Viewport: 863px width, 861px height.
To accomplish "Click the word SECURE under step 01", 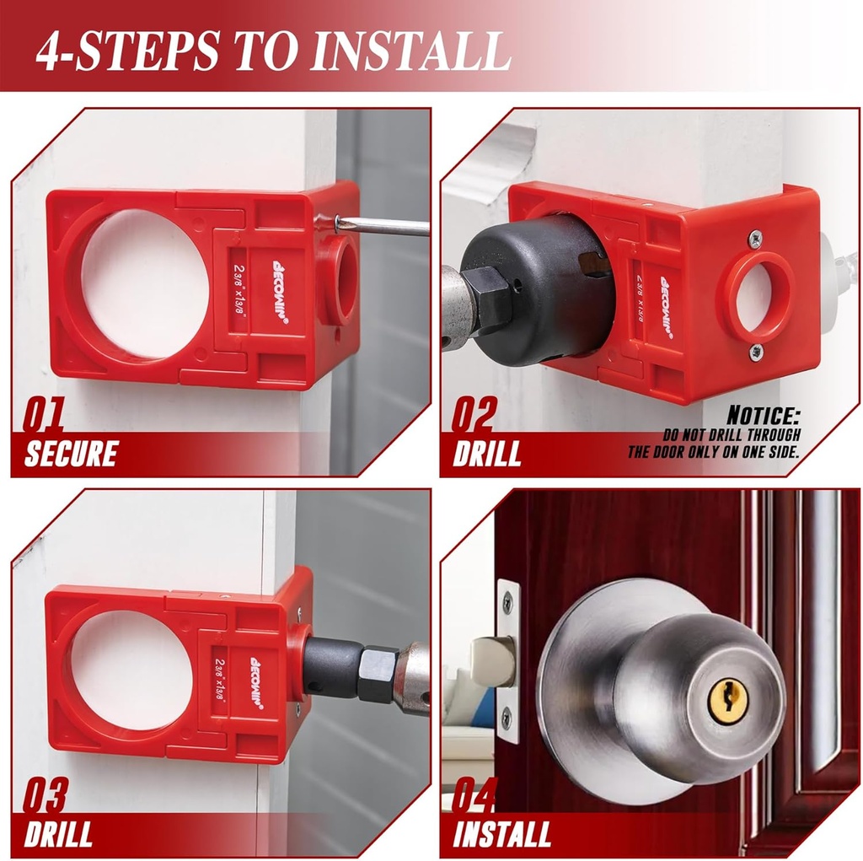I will [71, 455].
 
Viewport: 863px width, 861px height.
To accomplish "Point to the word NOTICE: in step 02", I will [763, 416].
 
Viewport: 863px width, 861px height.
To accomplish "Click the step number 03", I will [45, 797].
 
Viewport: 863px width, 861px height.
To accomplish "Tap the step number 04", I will [474, 796].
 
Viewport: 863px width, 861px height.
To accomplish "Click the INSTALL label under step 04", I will [501, 834].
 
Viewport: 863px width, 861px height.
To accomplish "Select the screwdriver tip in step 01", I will [338, 222].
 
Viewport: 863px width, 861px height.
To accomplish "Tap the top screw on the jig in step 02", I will [755, 239].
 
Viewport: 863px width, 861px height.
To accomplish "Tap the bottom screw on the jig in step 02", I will [755, 352].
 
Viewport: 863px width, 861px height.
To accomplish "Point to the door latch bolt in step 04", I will [491, 661].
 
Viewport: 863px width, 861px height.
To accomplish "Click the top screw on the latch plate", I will [507, 602].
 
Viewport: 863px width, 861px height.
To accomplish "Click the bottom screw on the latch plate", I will [506, 718].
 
